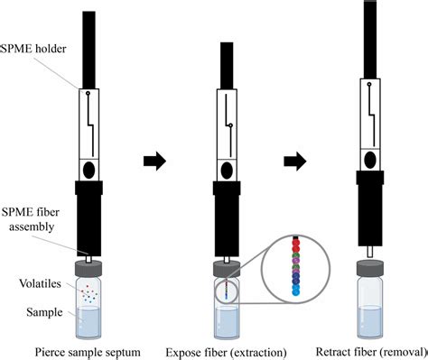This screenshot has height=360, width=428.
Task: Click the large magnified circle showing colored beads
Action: click(295, 272)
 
